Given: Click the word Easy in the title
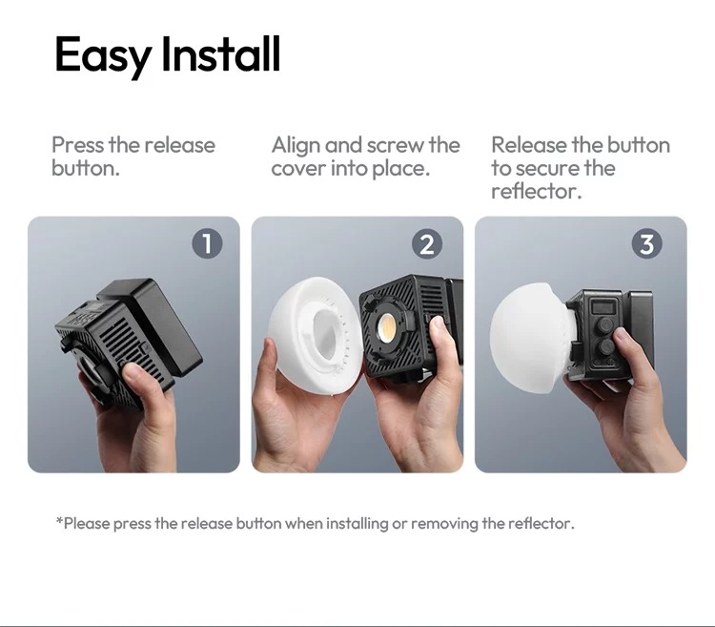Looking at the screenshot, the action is tap(103, 55).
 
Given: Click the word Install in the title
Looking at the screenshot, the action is tap(221, 53).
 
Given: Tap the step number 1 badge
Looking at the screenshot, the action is tap(207, 243).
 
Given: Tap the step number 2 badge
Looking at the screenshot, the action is tap(427, 244).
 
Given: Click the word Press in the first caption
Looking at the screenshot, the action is tap(77, 145).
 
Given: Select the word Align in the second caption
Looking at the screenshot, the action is tap(296, 146).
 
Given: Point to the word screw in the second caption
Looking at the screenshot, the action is tap(395, 146).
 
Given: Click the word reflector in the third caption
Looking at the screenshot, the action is tap(536, 191).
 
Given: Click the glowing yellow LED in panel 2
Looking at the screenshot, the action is tap(387, 327).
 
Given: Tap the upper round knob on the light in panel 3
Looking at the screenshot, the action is tap(604, 324).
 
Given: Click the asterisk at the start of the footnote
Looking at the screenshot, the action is tap(59, 520).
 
